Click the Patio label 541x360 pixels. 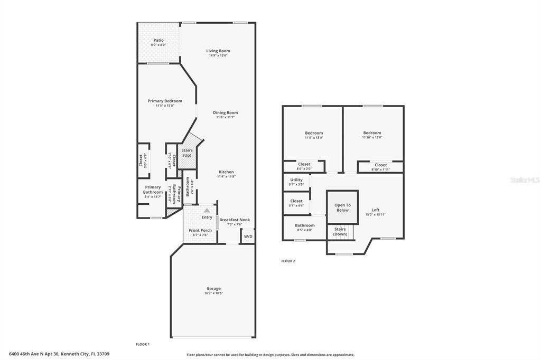click(158, 40)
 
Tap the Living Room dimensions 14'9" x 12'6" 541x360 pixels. click(218, 55)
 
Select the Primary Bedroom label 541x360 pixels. click(165, 101)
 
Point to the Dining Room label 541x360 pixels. click(225, 112)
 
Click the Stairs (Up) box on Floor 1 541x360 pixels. click(188, 153)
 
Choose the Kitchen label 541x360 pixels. click(226, 172)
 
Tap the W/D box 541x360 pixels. click(248, 236)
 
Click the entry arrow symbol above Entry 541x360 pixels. click(207, 210)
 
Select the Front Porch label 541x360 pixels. click(200, 230)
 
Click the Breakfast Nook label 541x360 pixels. click(235, 220)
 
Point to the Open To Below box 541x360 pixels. click(342, 207)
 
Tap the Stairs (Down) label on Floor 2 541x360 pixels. click(340, 231)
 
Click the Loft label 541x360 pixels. click(375, 210)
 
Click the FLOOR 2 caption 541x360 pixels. click(288, 261)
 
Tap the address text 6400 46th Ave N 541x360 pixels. click(32, 354)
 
